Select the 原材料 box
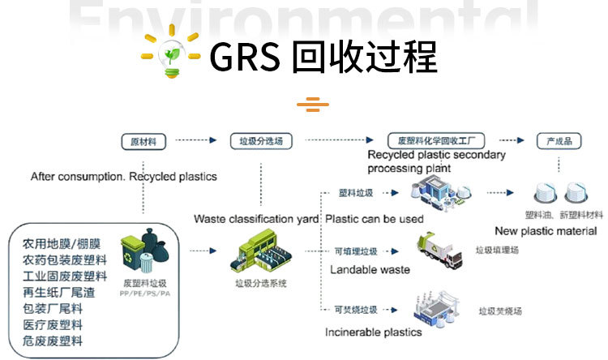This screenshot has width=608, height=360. [143, 141]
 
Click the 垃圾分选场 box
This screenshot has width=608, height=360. [262, 141]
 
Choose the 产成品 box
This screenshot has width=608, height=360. [559, 141]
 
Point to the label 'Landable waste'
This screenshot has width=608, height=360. [370, 269]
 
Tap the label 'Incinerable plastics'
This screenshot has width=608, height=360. [374, 332]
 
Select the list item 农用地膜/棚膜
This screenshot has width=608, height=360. [62, 244]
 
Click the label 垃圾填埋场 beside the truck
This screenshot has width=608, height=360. [497, 251]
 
